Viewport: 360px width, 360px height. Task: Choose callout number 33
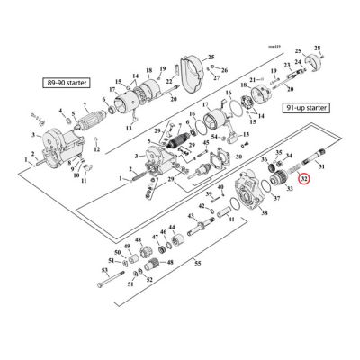pos(289,189)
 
